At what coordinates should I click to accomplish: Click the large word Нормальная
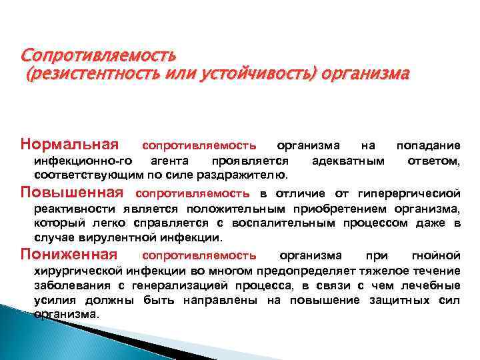pos(69,144)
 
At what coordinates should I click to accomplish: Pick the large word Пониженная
pos(69,254)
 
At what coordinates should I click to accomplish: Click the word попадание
pos(428,145)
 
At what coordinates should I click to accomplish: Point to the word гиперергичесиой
pos(409,194)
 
